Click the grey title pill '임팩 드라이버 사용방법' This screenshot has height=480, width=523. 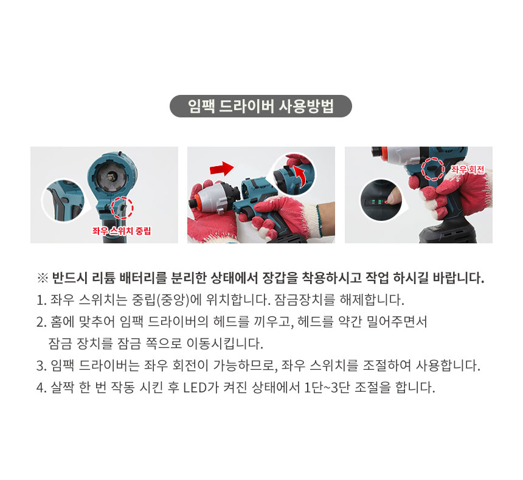pos(261,106)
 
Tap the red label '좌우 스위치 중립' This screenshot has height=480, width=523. pos(122,231)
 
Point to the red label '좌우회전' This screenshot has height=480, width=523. pos(468,170)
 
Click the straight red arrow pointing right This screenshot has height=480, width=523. pos(222,169)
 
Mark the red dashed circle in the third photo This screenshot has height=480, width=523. pos(433,169)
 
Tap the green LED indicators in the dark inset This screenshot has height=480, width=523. pos(377,201)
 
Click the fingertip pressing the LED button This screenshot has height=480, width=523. pos(389,200)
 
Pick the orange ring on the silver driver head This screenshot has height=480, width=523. pos(196,203)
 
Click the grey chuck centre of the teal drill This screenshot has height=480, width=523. pos(109,176)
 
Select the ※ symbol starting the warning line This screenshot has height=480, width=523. pos(43,278)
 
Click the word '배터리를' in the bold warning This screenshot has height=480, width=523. pos(143,278)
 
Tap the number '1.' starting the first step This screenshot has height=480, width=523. pos(41,300)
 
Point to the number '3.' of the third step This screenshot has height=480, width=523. pos(41,366)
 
